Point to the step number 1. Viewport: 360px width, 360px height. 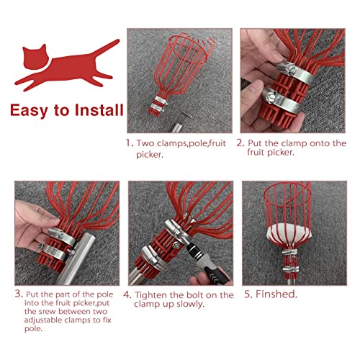(x=130, y=143)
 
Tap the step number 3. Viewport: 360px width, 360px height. (x=18, y=294)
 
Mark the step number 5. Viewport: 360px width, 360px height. (x=247, y=294)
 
